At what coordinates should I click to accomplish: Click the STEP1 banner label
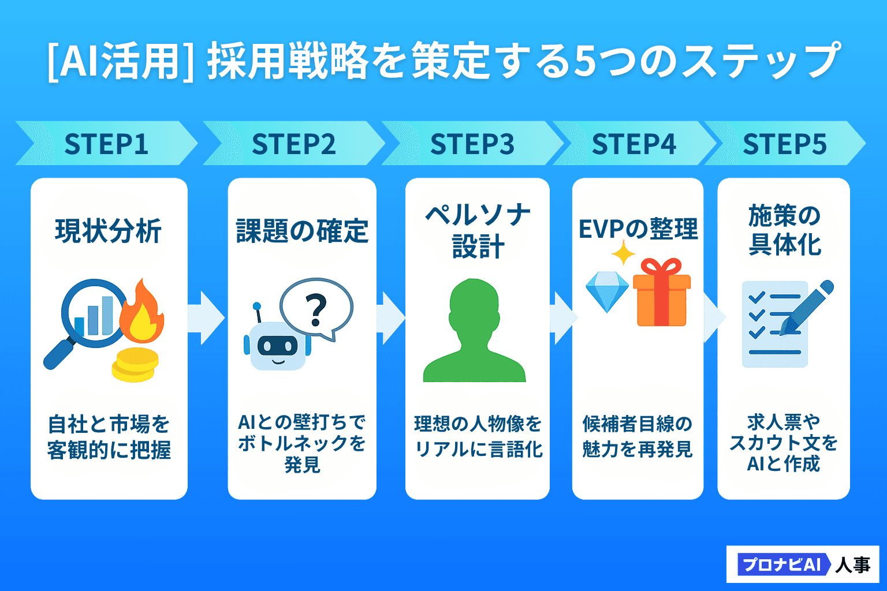point(106,144)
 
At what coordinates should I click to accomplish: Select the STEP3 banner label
point(472,144)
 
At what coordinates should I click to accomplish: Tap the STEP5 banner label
point(784,144)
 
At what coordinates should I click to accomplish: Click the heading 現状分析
point(108,230)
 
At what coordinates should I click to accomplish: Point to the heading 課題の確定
point(302,230)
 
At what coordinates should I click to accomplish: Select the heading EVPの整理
point(638,229)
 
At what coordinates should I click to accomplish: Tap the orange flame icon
point(141,311)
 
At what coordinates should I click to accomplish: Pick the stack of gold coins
point(135,365)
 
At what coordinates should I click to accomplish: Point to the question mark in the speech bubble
point(316,310)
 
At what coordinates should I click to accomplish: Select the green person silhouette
point(474,331)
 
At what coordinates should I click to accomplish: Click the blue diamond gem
point(607,291)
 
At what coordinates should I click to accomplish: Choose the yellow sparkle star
point(624,253)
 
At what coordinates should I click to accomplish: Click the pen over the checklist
point(806,308)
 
